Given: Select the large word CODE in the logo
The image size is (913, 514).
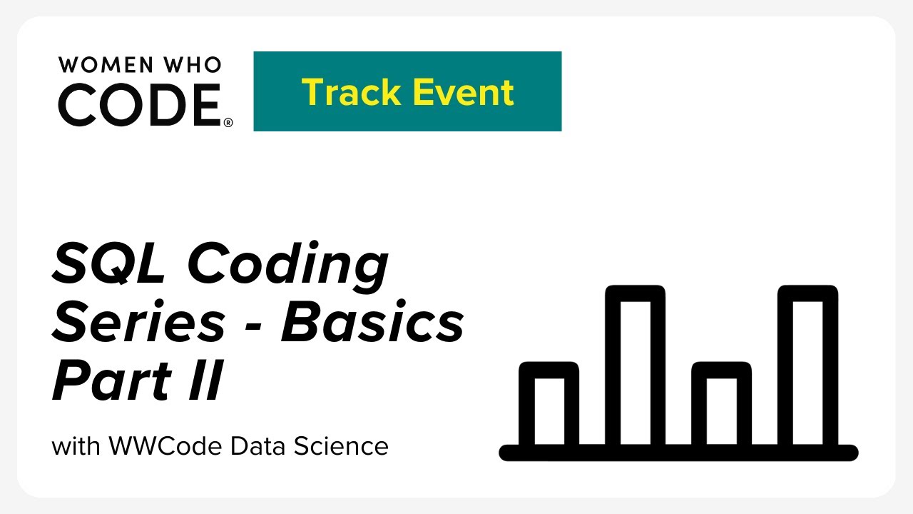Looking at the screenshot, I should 140,104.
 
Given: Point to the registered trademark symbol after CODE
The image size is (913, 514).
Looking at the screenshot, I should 228,122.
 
